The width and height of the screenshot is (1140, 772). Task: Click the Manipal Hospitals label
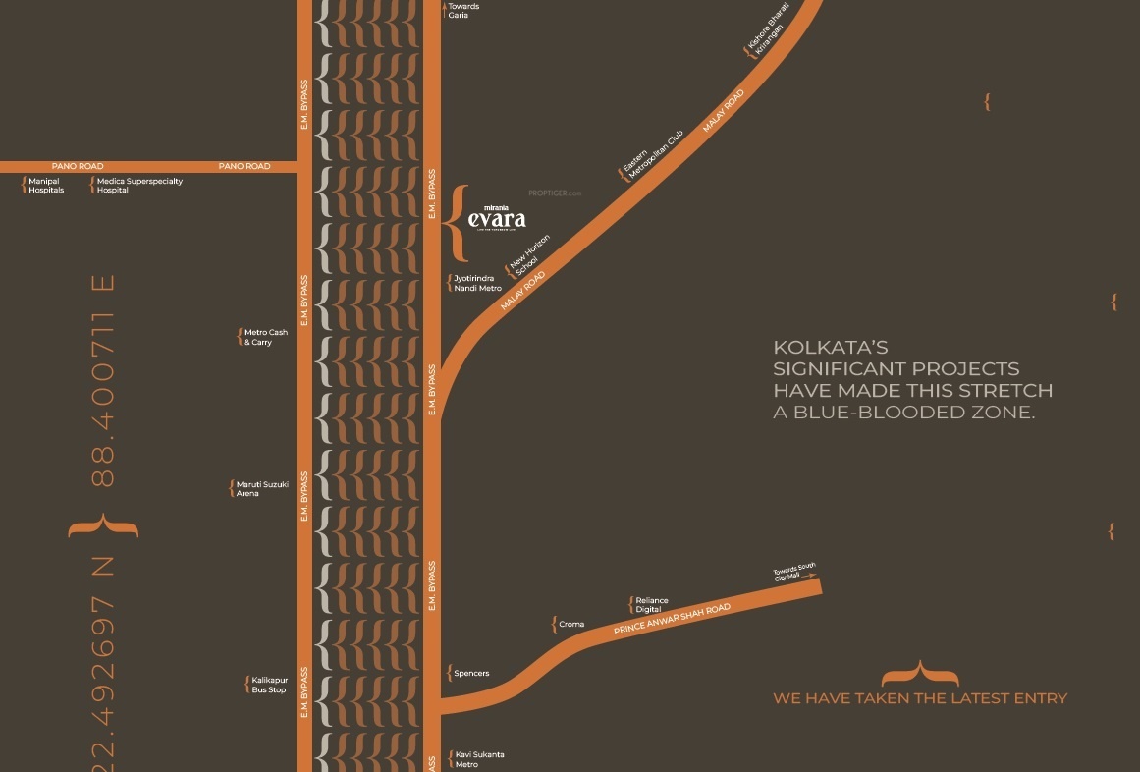46,186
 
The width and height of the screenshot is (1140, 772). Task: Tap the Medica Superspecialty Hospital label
139,186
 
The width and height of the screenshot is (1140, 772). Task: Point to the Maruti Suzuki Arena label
262,489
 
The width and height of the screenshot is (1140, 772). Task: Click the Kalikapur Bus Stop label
268,685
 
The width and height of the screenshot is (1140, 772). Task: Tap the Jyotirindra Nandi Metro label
477,284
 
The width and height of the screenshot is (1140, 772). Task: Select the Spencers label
471,674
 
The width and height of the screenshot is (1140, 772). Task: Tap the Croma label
570,625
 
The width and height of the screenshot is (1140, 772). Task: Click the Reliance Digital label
652,605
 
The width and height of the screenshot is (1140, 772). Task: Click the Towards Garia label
463,11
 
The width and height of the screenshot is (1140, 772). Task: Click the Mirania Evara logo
497,217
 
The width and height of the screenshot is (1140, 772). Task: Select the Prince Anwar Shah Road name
673,619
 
